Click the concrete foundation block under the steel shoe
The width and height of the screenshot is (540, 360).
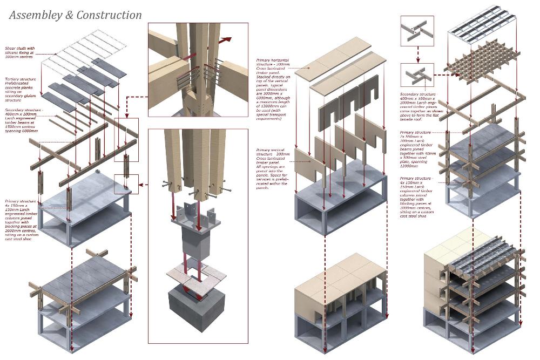pyautogui.click(x=196, y=308)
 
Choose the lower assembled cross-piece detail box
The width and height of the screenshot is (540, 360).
pyautogui.click(x=417, y=76)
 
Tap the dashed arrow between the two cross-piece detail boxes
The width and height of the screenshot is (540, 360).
pyautogui.click(x=417, y=55)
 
